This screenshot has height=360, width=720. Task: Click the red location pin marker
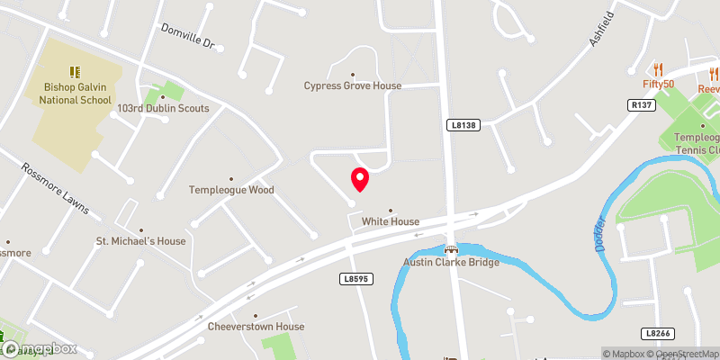point(359,179)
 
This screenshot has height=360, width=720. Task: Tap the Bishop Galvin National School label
point(75,94)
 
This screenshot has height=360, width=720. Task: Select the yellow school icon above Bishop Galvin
point(75,71)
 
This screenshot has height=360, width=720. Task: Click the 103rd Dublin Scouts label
point(163,108)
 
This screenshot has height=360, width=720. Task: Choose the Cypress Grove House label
point(352,85)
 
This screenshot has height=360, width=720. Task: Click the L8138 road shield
point(459,126)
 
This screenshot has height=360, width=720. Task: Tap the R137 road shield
point(639,104)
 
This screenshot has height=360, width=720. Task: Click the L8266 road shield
point(659,332)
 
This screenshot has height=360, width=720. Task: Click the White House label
point(391,221)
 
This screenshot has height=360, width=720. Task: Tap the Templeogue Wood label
point(231,190)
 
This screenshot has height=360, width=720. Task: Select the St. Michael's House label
point(140,241)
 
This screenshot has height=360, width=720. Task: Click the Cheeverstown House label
point(256,326)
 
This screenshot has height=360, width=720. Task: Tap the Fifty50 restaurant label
point(658,84)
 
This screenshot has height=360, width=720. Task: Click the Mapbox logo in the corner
point(39,349)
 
